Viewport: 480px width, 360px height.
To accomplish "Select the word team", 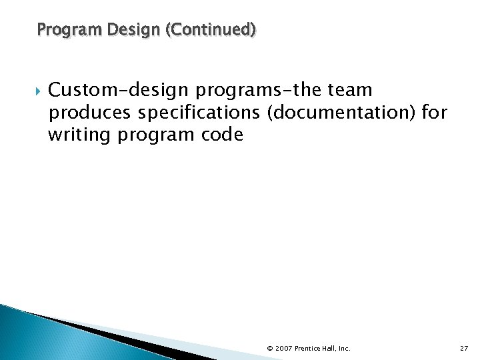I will [349, 89].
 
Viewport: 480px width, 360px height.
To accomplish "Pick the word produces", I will [87, 112].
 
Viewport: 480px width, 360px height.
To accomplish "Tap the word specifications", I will [197, 112].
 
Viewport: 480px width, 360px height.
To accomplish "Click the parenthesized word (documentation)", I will [341, 112].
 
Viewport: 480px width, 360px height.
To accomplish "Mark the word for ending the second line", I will [435, 112].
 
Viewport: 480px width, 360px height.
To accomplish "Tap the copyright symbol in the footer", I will [269, 348].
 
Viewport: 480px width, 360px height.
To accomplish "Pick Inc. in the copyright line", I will [344, 348].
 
